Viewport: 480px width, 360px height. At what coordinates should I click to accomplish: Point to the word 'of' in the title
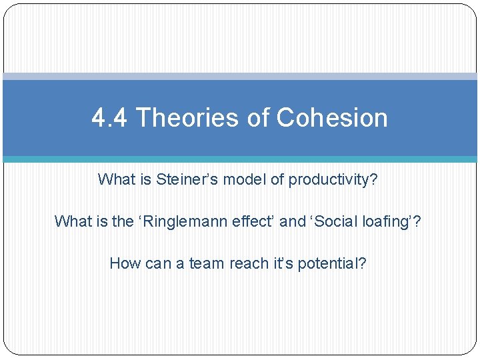tap(256, 118)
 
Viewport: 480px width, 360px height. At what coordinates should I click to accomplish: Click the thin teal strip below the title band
tap(240, 159)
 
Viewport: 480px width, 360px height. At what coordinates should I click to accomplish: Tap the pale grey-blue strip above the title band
tap(240, 77)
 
